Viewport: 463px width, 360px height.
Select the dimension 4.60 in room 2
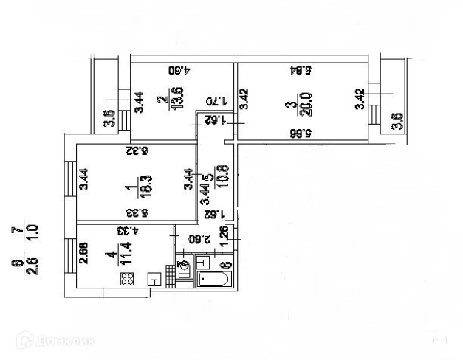[181, 72]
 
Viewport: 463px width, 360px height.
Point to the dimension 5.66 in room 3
[299, 133]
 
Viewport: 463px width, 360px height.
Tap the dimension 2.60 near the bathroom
[195, 238]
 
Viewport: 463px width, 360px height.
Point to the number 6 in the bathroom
[226, 264]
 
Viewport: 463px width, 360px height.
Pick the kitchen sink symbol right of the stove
[155, 280]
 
